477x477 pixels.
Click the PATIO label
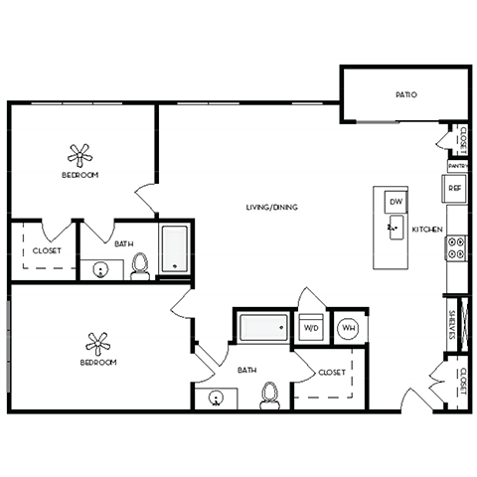pyautogui.click(x=405, y=95)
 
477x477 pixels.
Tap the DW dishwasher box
pyautogui.click(x=394, y=201)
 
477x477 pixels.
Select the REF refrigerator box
pyautogui.click(x=455, y=187)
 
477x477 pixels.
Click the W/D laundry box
pyautogui.click(x=311, y=327)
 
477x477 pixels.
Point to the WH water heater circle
pyautogui.click(x=349, y=327)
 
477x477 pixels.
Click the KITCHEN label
pyautogui.click(x=427, y=230)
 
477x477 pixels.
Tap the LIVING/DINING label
pyautogui.click(x=272, y=207)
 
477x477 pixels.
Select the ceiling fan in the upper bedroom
pyautogui.click(x=79, y=155)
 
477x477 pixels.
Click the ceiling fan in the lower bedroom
pyautogui.click(x=97, y=344)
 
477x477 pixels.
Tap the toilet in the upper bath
pyautogui.click(x=140, y=265)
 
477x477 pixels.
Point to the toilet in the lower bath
pyautogui.click(x=266, y=396)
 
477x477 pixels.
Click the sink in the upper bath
pyautogui.click(x=99, y=267)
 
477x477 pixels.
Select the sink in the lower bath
pyautogui.click(x=218, y=399)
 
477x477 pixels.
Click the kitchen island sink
pyautogui.click(x=393, y=230)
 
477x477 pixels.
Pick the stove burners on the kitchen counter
pyautogui.click(x=457, y=246)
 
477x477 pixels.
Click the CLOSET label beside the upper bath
pyautogui.click(x=46, y=251)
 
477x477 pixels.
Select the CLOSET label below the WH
pyautogui.click(x=332, y=373)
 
